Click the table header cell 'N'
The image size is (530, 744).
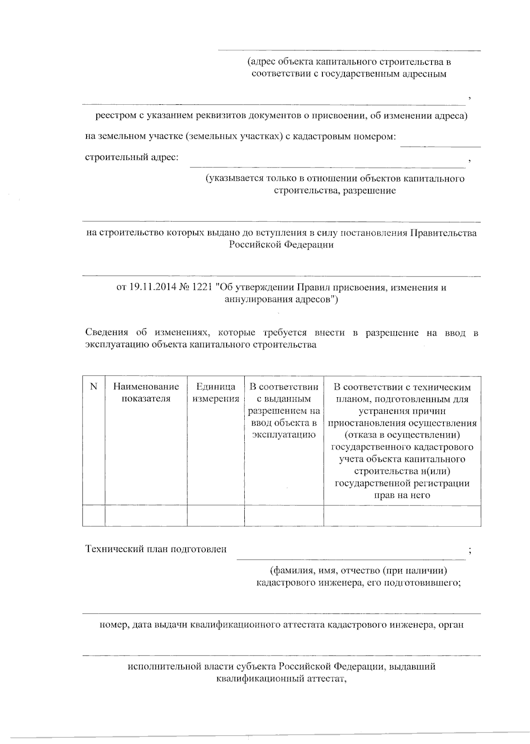point(94,387)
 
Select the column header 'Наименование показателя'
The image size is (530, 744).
point(146,393)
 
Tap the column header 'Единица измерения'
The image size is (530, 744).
point(216,393)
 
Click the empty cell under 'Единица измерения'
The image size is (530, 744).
point(216,516)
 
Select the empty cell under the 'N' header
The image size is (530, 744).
point(94,516)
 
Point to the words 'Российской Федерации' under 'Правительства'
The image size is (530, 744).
point(281,245)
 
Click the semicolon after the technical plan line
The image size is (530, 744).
point(470,550)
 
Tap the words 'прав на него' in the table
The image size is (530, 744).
point(402,495)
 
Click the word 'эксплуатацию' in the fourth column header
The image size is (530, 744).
point(284,435)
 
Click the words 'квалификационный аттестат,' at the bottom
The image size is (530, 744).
point(281,678)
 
